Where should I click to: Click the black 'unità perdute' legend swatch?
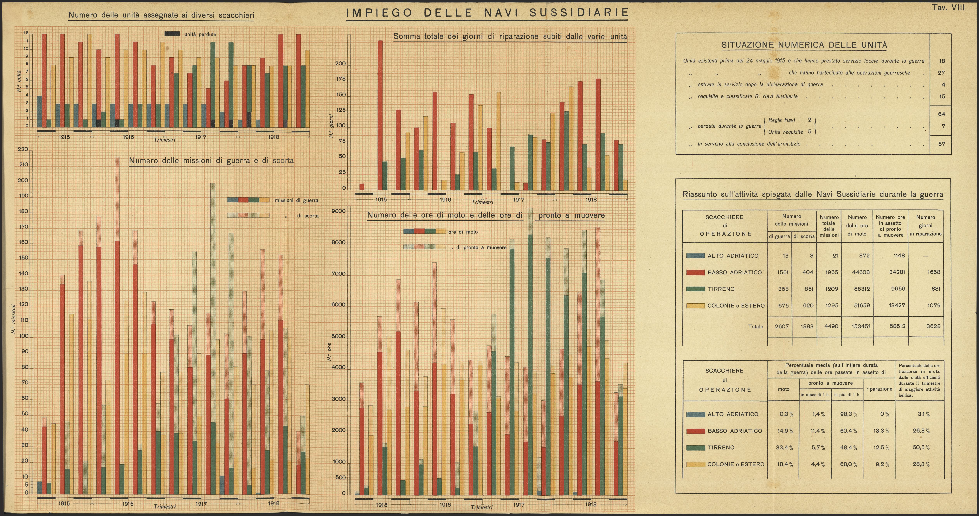172,34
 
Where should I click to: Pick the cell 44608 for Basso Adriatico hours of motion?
862,272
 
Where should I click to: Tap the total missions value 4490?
831,326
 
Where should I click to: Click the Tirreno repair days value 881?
936,289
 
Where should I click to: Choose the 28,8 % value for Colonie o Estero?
921,464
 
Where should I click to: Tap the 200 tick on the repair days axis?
340,64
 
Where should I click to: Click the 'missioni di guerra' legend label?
296,200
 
